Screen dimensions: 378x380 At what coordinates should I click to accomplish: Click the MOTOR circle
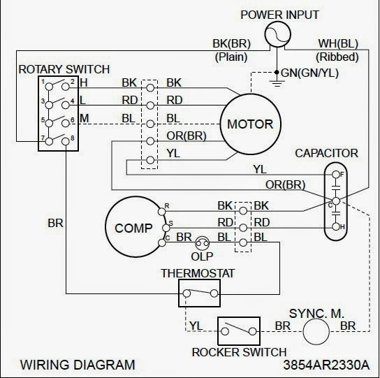(x=250, y=125)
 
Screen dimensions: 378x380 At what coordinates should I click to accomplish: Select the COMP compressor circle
(x=133, y=228)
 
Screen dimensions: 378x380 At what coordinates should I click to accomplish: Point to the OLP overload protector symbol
(x=203, y=242)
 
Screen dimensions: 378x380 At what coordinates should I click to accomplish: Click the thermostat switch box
(x=199, y=292)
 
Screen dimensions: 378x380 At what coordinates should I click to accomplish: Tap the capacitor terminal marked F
(x=335, y=173)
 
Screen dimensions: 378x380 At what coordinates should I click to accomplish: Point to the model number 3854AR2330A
(x=330, y=365)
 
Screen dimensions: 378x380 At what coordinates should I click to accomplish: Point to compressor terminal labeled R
(x=166, y=208)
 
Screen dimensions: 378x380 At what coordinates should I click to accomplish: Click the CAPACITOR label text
(x=326, y=152)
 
